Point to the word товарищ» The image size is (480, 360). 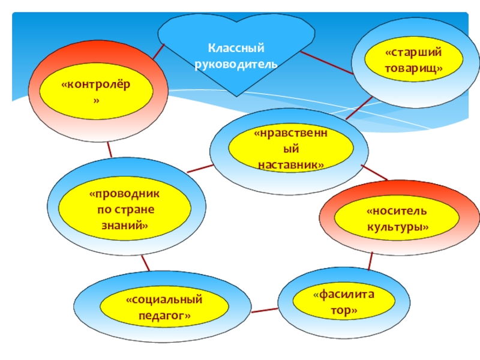point(414,68)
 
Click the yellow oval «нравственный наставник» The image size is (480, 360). point(290,147)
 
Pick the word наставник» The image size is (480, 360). point(290,164)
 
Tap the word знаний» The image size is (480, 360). point(125,226)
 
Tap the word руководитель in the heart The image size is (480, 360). point(236,62)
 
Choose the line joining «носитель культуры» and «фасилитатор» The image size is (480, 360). point(371,261)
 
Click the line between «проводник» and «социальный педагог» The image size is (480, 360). point(145,263)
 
